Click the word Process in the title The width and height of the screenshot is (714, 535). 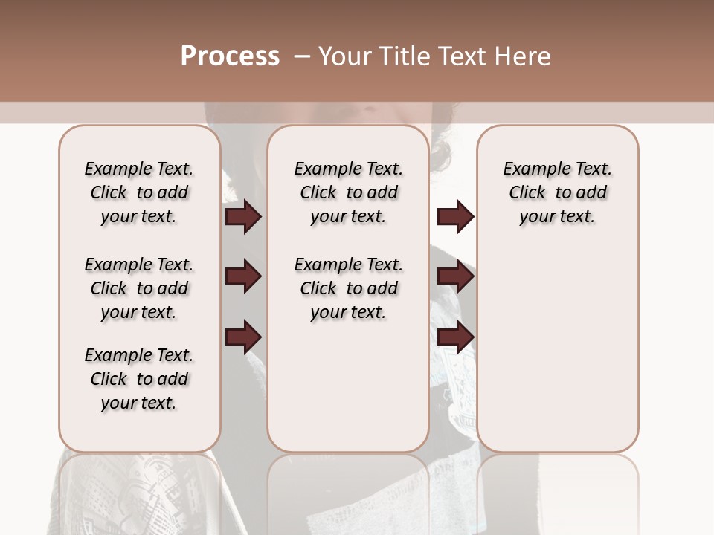[230, 56]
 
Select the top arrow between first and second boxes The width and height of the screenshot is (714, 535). [243, 217]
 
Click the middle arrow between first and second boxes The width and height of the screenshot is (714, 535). [243, 277]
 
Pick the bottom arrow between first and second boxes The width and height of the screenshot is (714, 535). [243, 337]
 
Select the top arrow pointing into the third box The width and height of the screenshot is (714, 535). [455, 217]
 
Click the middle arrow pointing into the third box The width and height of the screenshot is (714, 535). [455, 277]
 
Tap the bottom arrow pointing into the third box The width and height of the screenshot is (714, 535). [455, 337]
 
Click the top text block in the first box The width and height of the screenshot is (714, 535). [139, 192]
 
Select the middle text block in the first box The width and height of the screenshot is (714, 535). [139, 288]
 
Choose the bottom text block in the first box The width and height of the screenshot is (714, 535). [139, 379]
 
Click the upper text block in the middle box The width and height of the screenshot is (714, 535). [348, 192]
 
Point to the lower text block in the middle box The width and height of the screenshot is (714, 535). [348, 288]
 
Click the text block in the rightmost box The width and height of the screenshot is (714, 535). [558, 192]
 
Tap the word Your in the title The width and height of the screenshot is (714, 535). [344, 56]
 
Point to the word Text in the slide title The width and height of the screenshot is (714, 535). [461, 56]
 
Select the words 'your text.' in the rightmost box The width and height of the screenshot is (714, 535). [558, 217]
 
